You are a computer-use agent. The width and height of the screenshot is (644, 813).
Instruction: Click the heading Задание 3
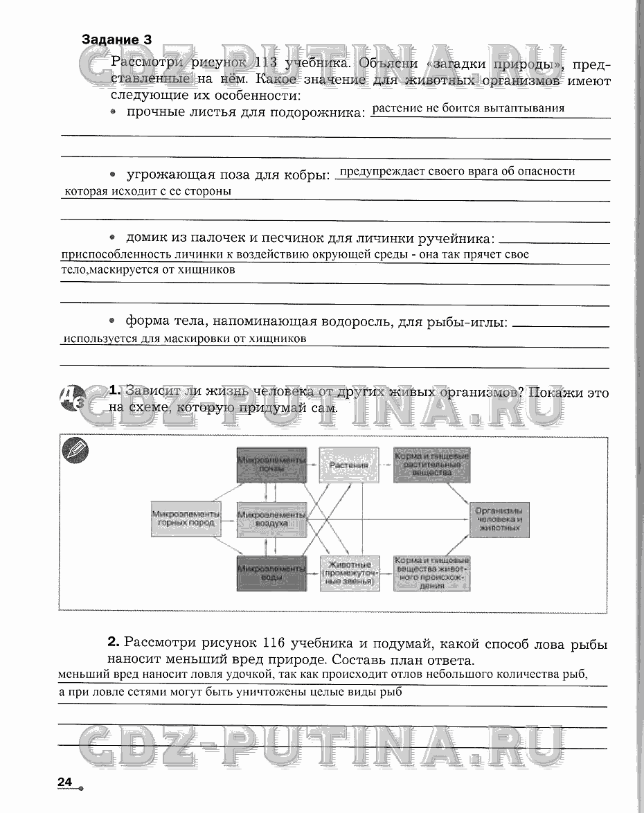[116, 39]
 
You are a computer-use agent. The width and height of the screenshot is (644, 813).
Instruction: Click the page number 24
[65, 782]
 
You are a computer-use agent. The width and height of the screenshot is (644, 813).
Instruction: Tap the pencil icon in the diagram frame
[75, 450]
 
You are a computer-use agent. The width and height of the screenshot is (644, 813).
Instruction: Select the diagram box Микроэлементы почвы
[271, 465]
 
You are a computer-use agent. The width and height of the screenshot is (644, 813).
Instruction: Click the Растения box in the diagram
[349, 465]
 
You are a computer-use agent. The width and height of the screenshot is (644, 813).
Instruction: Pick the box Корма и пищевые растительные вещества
[431, 465]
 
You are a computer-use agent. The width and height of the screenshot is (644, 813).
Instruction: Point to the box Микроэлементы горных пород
[186, 519]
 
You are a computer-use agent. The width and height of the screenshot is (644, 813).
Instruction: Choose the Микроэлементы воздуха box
[271, 519]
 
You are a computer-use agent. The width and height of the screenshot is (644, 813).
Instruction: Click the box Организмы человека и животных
[499, 519]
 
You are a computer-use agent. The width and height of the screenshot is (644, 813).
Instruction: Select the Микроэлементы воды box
[271, 573]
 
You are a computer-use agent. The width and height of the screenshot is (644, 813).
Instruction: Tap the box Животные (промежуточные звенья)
[349, 573]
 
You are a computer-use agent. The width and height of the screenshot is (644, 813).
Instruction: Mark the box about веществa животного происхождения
[431, 573]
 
